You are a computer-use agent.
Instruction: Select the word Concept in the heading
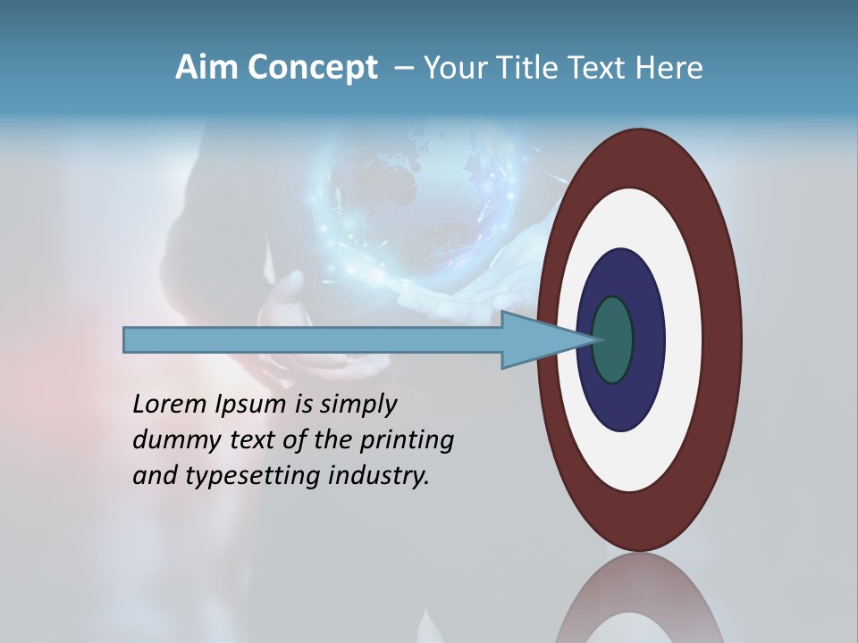312,68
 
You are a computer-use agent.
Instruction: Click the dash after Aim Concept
403,69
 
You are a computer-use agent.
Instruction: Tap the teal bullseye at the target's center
612,340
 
